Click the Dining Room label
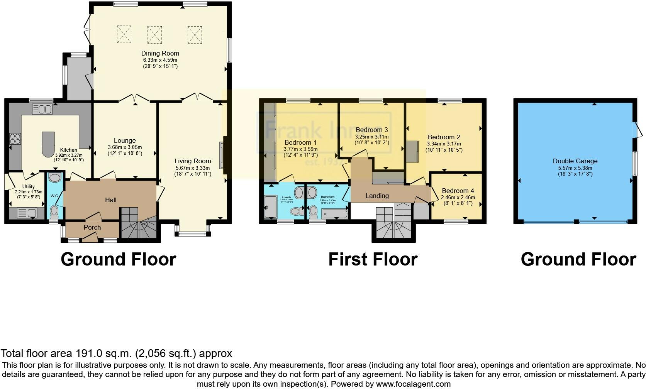point(160,53)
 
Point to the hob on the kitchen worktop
point(15,139)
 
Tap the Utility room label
point(29,187)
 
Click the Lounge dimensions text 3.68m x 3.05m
point(125,147)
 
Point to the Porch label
point(92,227)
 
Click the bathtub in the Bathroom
point(334,213)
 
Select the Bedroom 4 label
point(458,191)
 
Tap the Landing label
point(377,196)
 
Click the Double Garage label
point(575,161)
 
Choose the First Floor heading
point(373,259)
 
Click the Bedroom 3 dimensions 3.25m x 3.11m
point(371,137)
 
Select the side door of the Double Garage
point(638,130)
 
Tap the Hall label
point(111,200)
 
